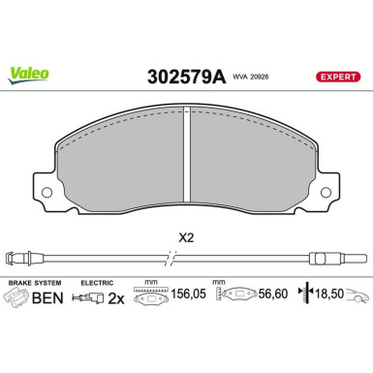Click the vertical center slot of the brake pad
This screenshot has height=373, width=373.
186,155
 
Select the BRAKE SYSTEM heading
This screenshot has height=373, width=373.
34,282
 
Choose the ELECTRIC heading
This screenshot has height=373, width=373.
98,282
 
